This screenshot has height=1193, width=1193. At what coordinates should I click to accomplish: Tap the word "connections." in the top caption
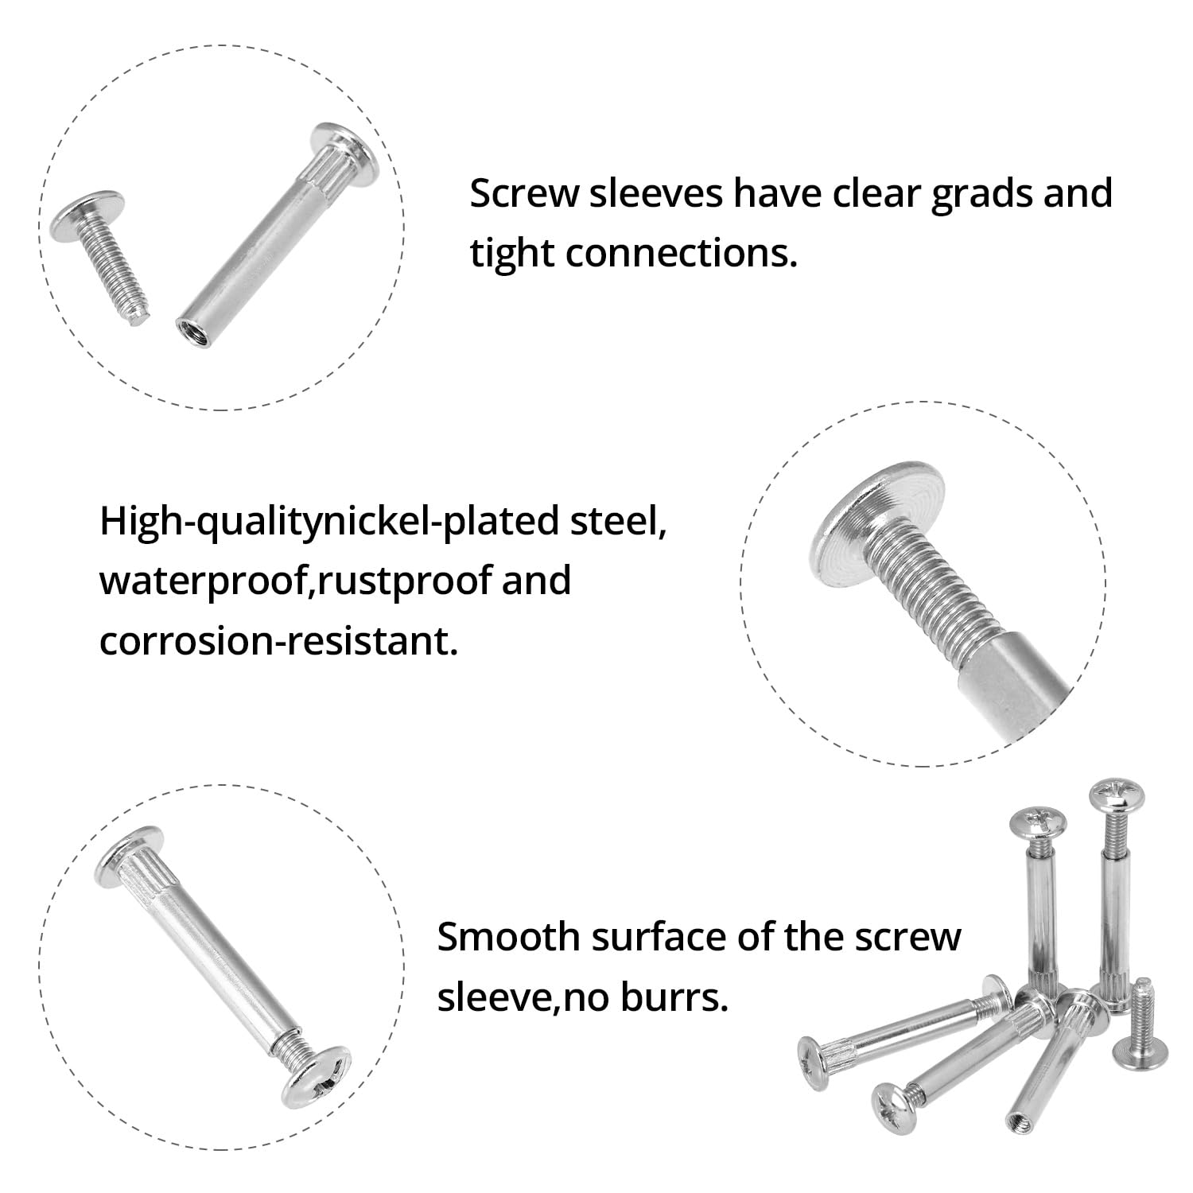tap(682, 254)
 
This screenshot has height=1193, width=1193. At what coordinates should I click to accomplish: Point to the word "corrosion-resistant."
tap(279, 640)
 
